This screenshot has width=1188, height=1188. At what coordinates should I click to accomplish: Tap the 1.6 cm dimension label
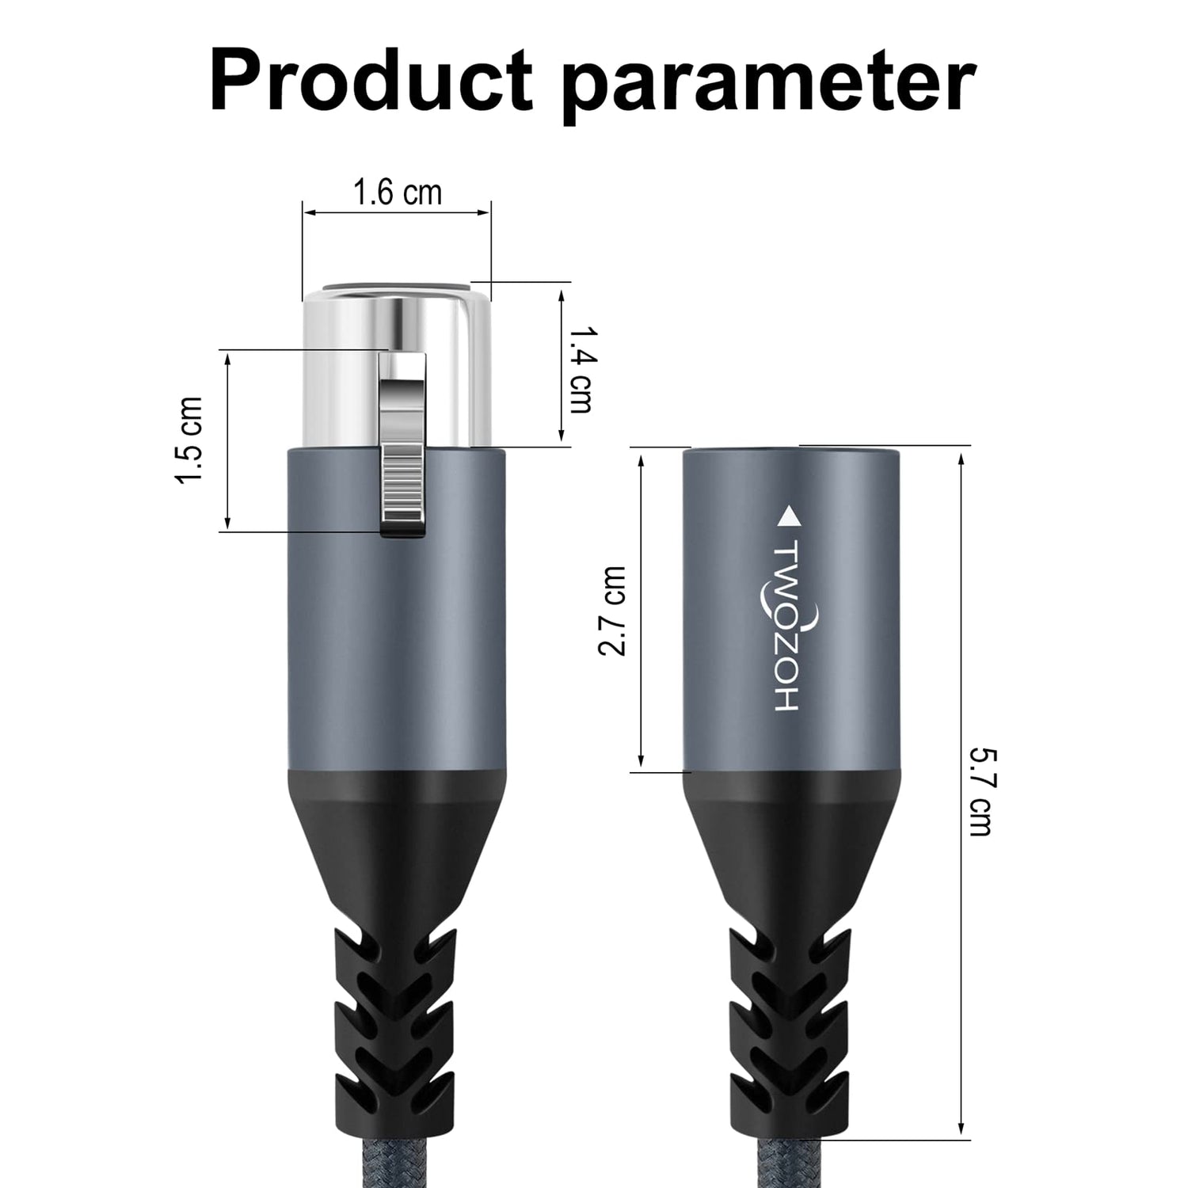coord(397,192)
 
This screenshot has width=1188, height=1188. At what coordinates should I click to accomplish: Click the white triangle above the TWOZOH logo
coord(789,517)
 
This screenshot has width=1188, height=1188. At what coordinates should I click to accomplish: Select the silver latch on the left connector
coord(403,446)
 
